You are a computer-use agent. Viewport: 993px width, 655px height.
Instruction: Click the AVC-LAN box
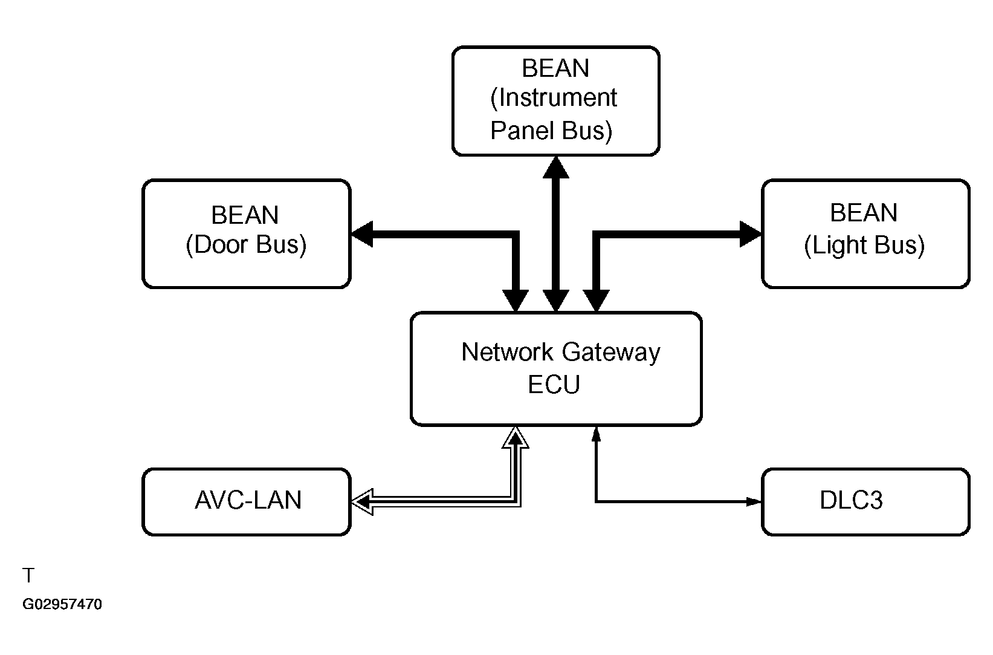pos(247,501)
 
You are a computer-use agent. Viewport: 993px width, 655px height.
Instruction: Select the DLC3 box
pos(865,501)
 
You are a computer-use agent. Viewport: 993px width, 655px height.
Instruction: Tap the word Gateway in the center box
pos(611,352)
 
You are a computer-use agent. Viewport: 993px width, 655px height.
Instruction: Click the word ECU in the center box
pos(554,385)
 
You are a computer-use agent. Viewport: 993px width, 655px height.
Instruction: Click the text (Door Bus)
pos(246,245)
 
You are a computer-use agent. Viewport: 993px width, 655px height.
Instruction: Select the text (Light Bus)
pos(864,245)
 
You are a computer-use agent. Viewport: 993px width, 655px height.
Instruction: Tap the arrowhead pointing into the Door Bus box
pos(362,234)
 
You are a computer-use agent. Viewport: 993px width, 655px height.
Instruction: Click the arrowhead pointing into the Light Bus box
pos(751,234)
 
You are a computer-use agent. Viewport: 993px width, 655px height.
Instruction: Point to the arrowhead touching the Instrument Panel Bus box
pos(556,167)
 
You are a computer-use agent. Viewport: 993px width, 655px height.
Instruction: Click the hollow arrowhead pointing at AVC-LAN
pos(362,502)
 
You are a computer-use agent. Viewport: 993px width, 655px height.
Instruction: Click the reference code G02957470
pos(62,605)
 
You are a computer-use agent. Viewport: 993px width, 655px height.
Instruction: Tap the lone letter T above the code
pos(28,575)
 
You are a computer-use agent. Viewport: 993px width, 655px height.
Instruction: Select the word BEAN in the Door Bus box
pos(245,215)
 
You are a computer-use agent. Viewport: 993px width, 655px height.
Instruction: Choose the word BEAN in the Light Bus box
pos(864,213)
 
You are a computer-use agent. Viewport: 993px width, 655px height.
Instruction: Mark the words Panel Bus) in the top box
pos(551,131)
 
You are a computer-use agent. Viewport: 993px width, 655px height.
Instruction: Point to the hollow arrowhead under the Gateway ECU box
pos(516,437)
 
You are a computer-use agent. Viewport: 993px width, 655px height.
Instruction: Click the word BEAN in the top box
pos(555,68)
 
